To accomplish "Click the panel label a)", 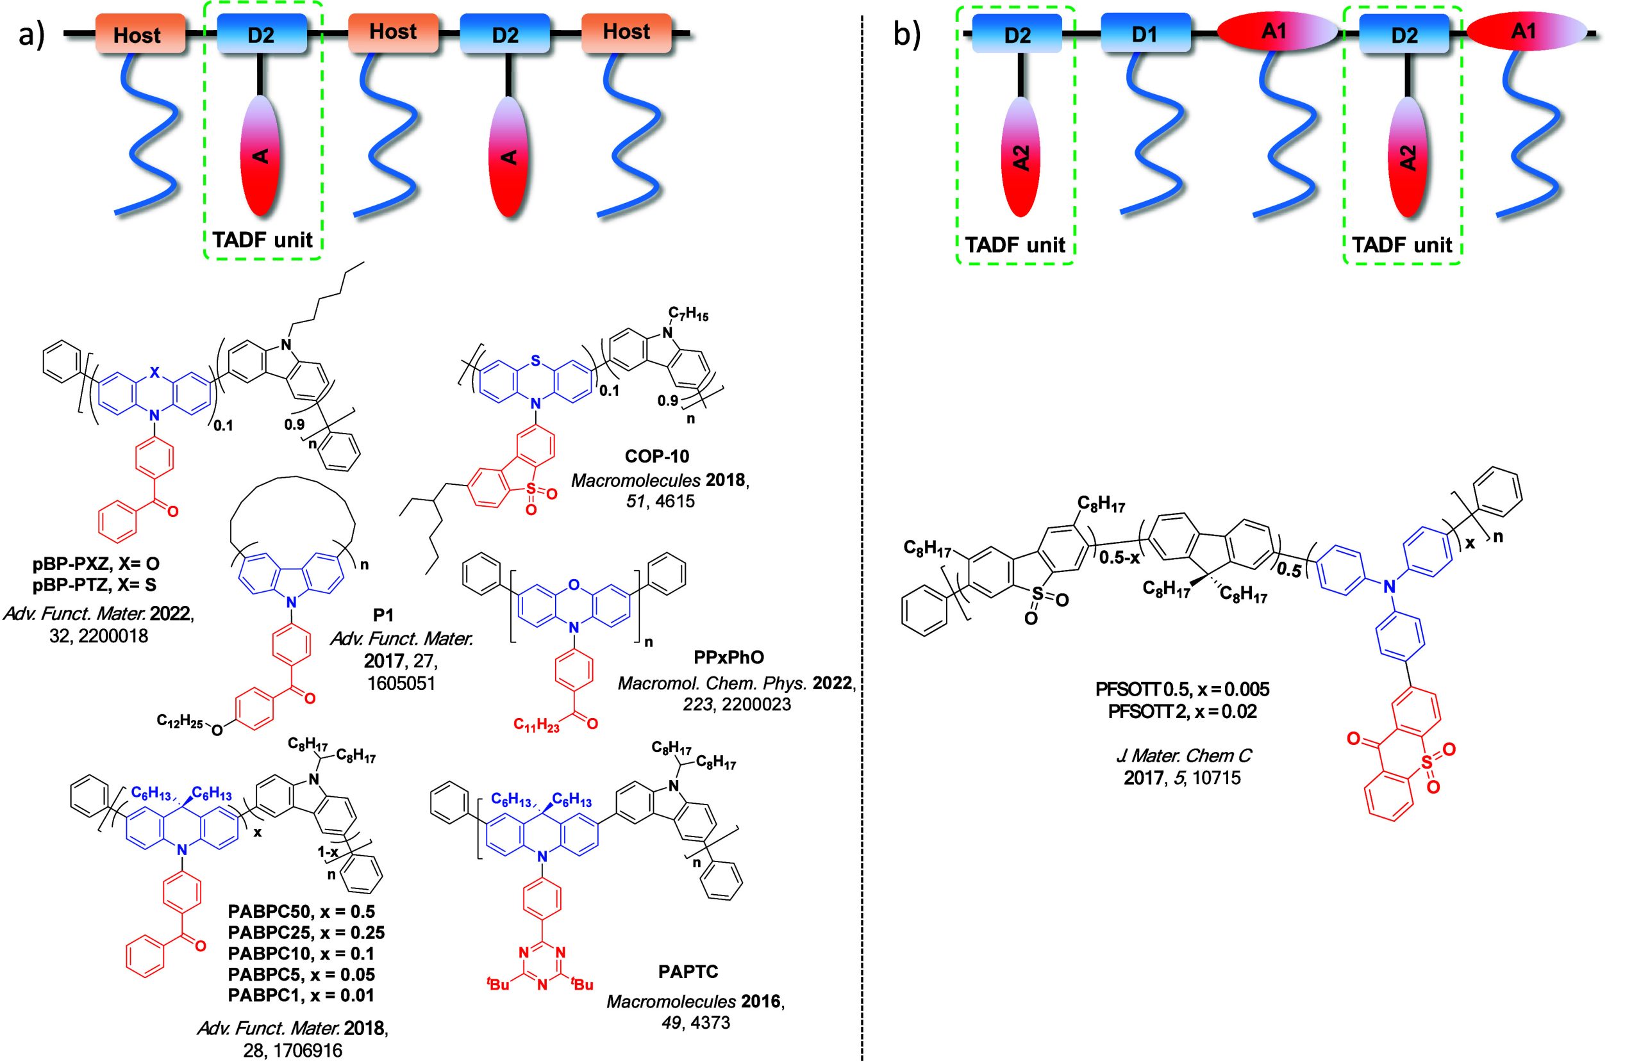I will pos(31,35).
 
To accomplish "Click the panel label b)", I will pos(906,35).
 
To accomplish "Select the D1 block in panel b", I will pos(1145,34).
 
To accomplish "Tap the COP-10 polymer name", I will pos(656,456).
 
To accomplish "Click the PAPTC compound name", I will pos(687,972).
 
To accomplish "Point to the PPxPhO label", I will pos(729,657).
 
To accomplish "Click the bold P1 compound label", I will pos(383,615).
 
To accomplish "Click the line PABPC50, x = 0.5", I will pos(301,911).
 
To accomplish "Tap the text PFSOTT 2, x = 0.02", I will pos(1182,711).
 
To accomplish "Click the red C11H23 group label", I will pos(537,725).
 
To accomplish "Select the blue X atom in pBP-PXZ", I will pos(154,373).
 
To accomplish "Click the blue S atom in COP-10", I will pos(536,361).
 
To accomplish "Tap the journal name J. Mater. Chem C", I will pos(1183,755).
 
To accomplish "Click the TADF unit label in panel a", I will pos(262,240).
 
